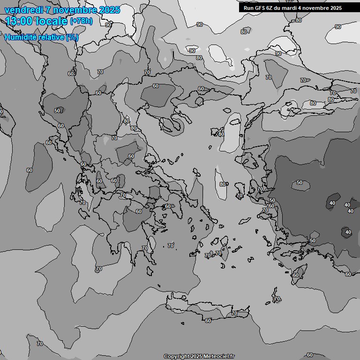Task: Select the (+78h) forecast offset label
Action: pyautogui.click(x=81, y=21)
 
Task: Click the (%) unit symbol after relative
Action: pyautogui.click(x=72, y=37)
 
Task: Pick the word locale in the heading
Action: pyautogui.click(x=52, y=21)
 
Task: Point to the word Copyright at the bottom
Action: pyautogui.click(x=177, y=356)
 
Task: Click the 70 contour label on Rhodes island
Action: pyautogui.click(x=277, y=299)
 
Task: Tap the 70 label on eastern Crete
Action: pyautogui.click(x=234, y=313)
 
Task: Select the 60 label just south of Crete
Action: pyautogui.click(x=208, y=321)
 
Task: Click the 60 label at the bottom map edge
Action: pyautogui.click(x=309, y=355)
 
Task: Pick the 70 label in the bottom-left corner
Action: pyautogui.click(x=39, y=344)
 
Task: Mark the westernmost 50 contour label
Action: pyautogui.click(x=57, y=111)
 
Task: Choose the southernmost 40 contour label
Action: pyautogui.click(x=348, y=232)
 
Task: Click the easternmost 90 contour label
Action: pyautogui.click(x=337, y=27)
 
